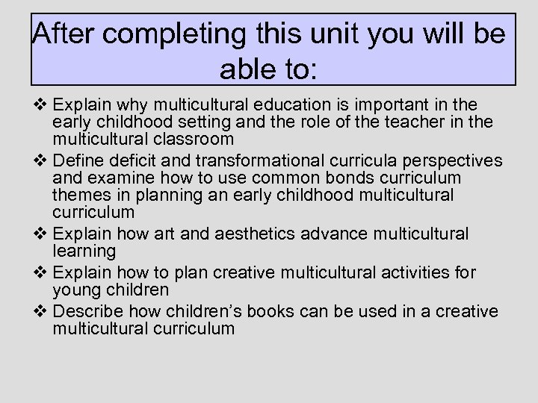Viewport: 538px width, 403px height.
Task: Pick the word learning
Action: pos(84,250)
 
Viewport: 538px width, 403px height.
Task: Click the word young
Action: pos(75,289)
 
